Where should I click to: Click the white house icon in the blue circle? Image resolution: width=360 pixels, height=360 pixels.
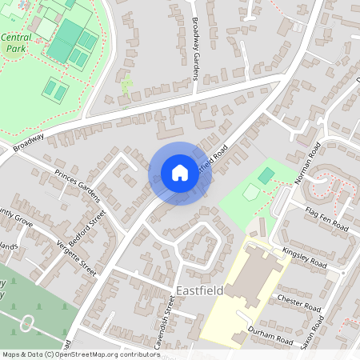click(179, 173)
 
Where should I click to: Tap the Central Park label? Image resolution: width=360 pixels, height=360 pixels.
click(16, 42)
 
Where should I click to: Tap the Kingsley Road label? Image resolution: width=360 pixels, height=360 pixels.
click(305, 258)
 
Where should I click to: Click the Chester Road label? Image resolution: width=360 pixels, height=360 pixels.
click(298, 302)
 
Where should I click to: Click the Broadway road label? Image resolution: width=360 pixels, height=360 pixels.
click(28, 144)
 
